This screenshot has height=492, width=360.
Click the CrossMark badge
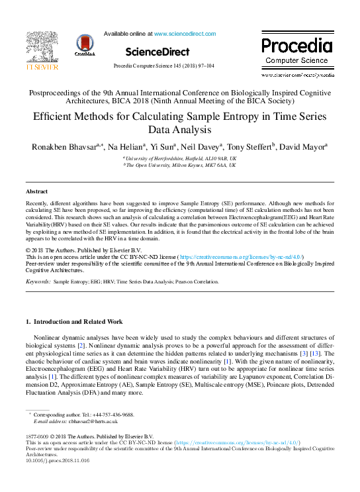coord(85,45)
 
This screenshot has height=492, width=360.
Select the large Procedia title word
coord(296,46)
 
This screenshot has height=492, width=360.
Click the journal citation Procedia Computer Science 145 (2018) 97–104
coord(163,66)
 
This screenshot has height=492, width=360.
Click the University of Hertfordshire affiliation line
coord(181,160)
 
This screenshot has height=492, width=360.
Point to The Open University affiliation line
coord(181,166)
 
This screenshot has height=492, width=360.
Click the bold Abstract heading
coord(36,191)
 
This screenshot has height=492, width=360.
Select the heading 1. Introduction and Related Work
coord(73,321)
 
